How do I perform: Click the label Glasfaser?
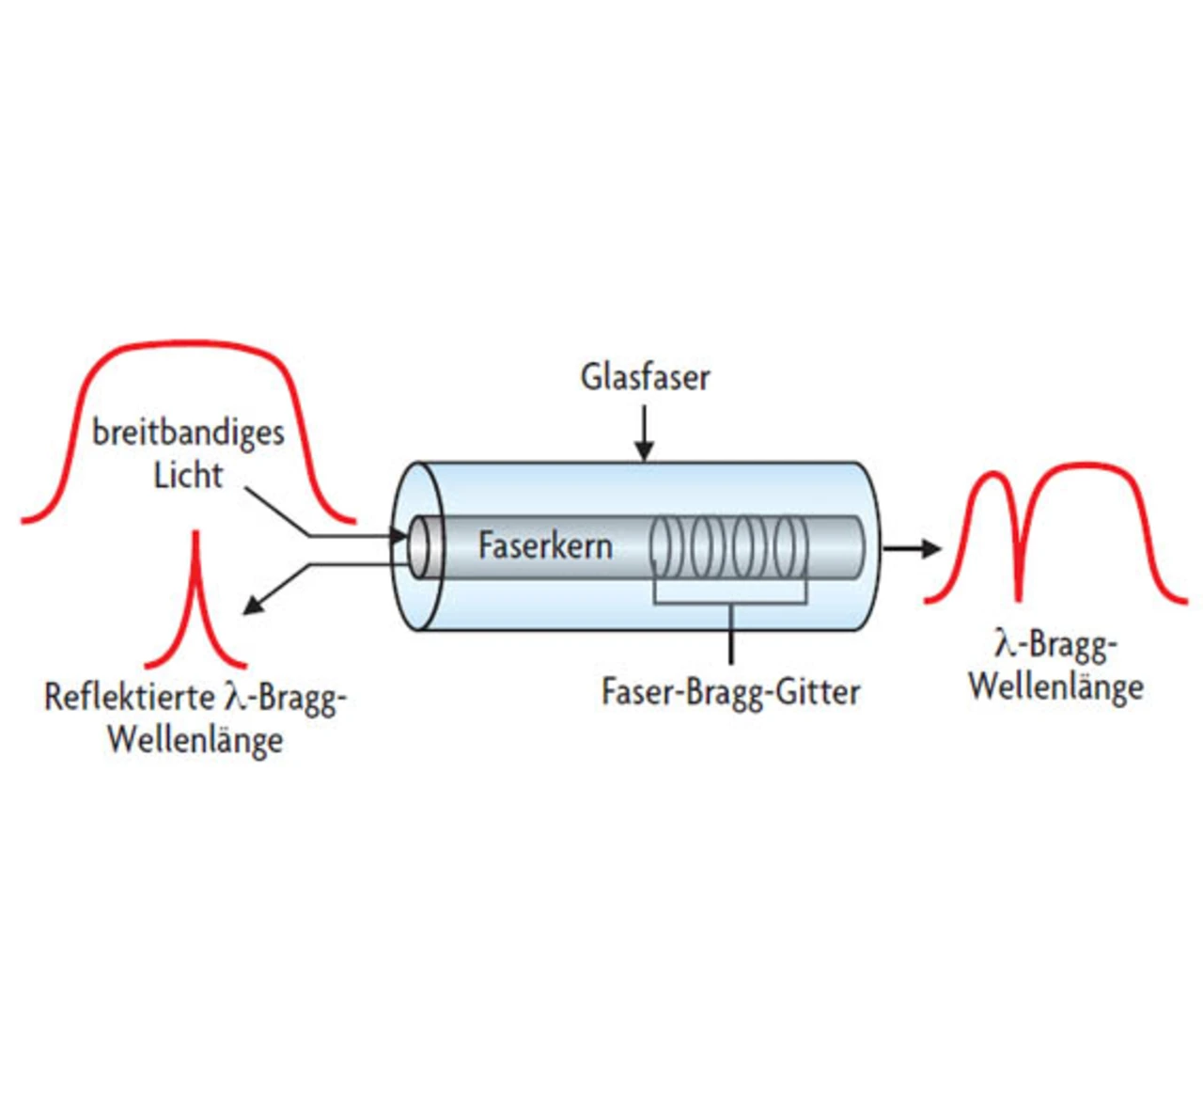click(x=645, y=377)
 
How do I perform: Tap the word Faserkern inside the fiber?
click(x=545, y=545)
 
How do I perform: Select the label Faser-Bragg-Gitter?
click(x=730, y=692)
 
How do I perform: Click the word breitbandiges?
click(x=188, y=433)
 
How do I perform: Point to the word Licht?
click(x=188, y=475)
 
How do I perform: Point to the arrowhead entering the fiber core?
click(x=400, y=537)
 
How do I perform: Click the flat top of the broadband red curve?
click(x=188, y=349)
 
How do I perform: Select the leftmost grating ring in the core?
click(x=664, y=546)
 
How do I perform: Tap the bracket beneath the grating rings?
click(x=730, y=602)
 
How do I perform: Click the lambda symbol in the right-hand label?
click(x=1005, y=644)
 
